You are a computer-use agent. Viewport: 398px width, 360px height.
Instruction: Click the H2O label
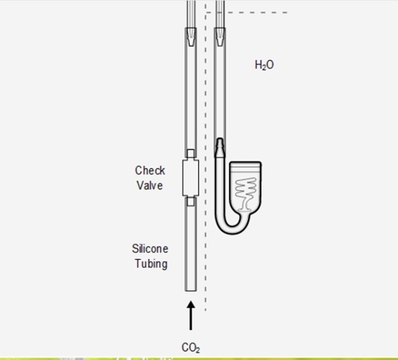click(264, 65)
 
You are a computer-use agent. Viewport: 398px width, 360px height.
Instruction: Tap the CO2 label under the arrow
click(190, 347)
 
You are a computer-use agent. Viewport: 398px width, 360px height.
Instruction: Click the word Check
click(150, 170)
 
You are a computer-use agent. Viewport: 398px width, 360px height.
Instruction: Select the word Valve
click(150, 185)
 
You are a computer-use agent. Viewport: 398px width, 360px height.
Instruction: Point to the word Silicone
click(150, 249)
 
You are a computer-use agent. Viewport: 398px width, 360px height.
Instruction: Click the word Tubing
click(151, 263)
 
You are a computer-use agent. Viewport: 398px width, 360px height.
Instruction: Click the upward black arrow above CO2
click(190, 316)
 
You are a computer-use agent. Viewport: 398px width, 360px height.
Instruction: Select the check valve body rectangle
click(190, 178)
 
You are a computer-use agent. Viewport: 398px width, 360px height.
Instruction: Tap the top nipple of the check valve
click(190, 154)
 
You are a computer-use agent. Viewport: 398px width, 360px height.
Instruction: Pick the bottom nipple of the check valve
click(190, 201)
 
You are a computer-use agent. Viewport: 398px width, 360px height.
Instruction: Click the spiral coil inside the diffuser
click(246, 189)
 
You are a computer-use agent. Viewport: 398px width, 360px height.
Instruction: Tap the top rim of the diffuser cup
click(246, 163)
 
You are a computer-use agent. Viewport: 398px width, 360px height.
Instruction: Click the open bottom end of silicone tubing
click(190, 289)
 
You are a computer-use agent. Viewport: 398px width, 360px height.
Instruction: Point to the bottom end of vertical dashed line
click(205, 310)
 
